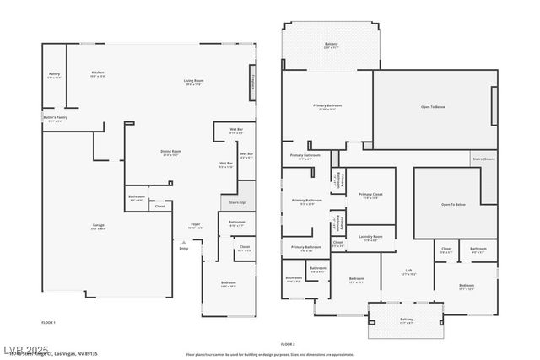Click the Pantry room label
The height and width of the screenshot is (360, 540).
pos(55,76)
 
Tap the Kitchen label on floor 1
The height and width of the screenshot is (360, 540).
pos(98,74)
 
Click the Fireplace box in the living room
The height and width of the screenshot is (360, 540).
pos(251,84)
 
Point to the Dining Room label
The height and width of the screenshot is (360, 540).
pos(171,153)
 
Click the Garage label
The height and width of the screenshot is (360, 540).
pos(99,226)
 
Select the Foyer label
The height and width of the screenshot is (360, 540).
pos(194,226)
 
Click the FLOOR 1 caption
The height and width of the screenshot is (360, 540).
pos(49,323)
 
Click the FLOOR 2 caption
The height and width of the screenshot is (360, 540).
pos(288,344)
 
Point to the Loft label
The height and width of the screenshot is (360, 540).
pos(408,272)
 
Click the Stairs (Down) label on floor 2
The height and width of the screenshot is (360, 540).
pos(483,159)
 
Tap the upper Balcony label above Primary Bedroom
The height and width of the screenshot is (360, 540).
pos(332,46)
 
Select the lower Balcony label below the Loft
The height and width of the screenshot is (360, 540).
pos(406,320)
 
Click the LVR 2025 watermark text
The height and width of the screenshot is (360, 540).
pos(26,349)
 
